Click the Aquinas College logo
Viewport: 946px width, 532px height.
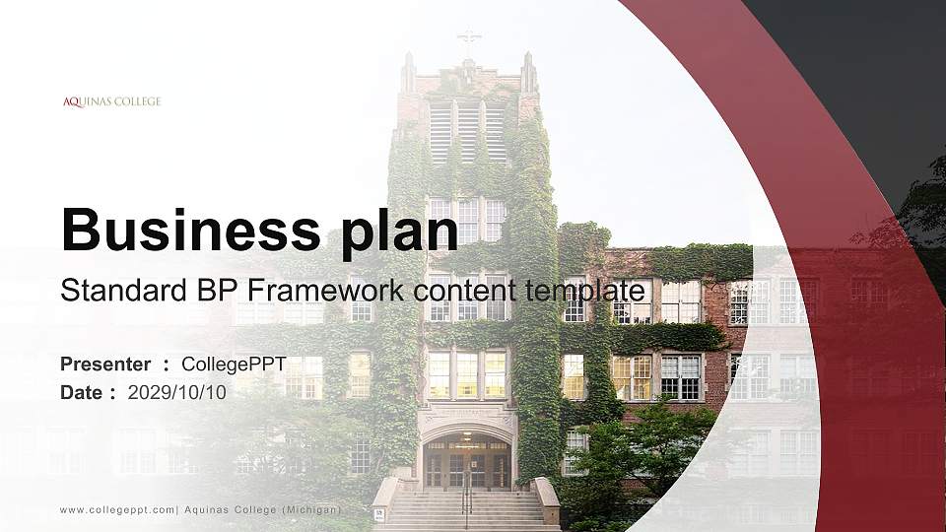[x=111, y=101]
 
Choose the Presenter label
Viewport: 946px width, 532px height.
[x=105, y=365]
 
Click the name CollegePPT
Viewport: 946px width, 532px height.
[x=234, y=365]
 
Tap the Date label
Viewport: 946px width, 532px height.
[x=82, y=392]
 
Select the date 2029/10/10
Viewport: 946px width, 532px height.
[x=177, y=392]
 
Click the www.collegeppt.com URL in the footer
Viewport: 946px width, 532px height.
[x=117, y=509]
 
